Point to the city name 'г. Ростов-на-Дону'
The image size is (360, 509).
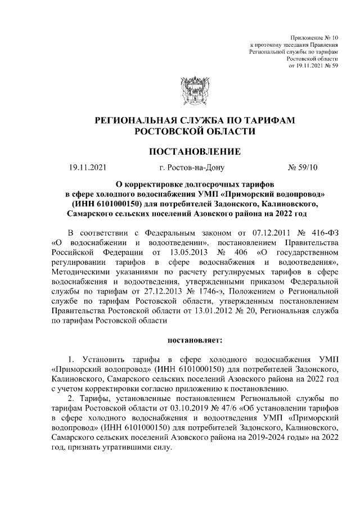[192, 167]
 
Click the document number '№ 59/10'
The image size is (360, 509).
[303, 167]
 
